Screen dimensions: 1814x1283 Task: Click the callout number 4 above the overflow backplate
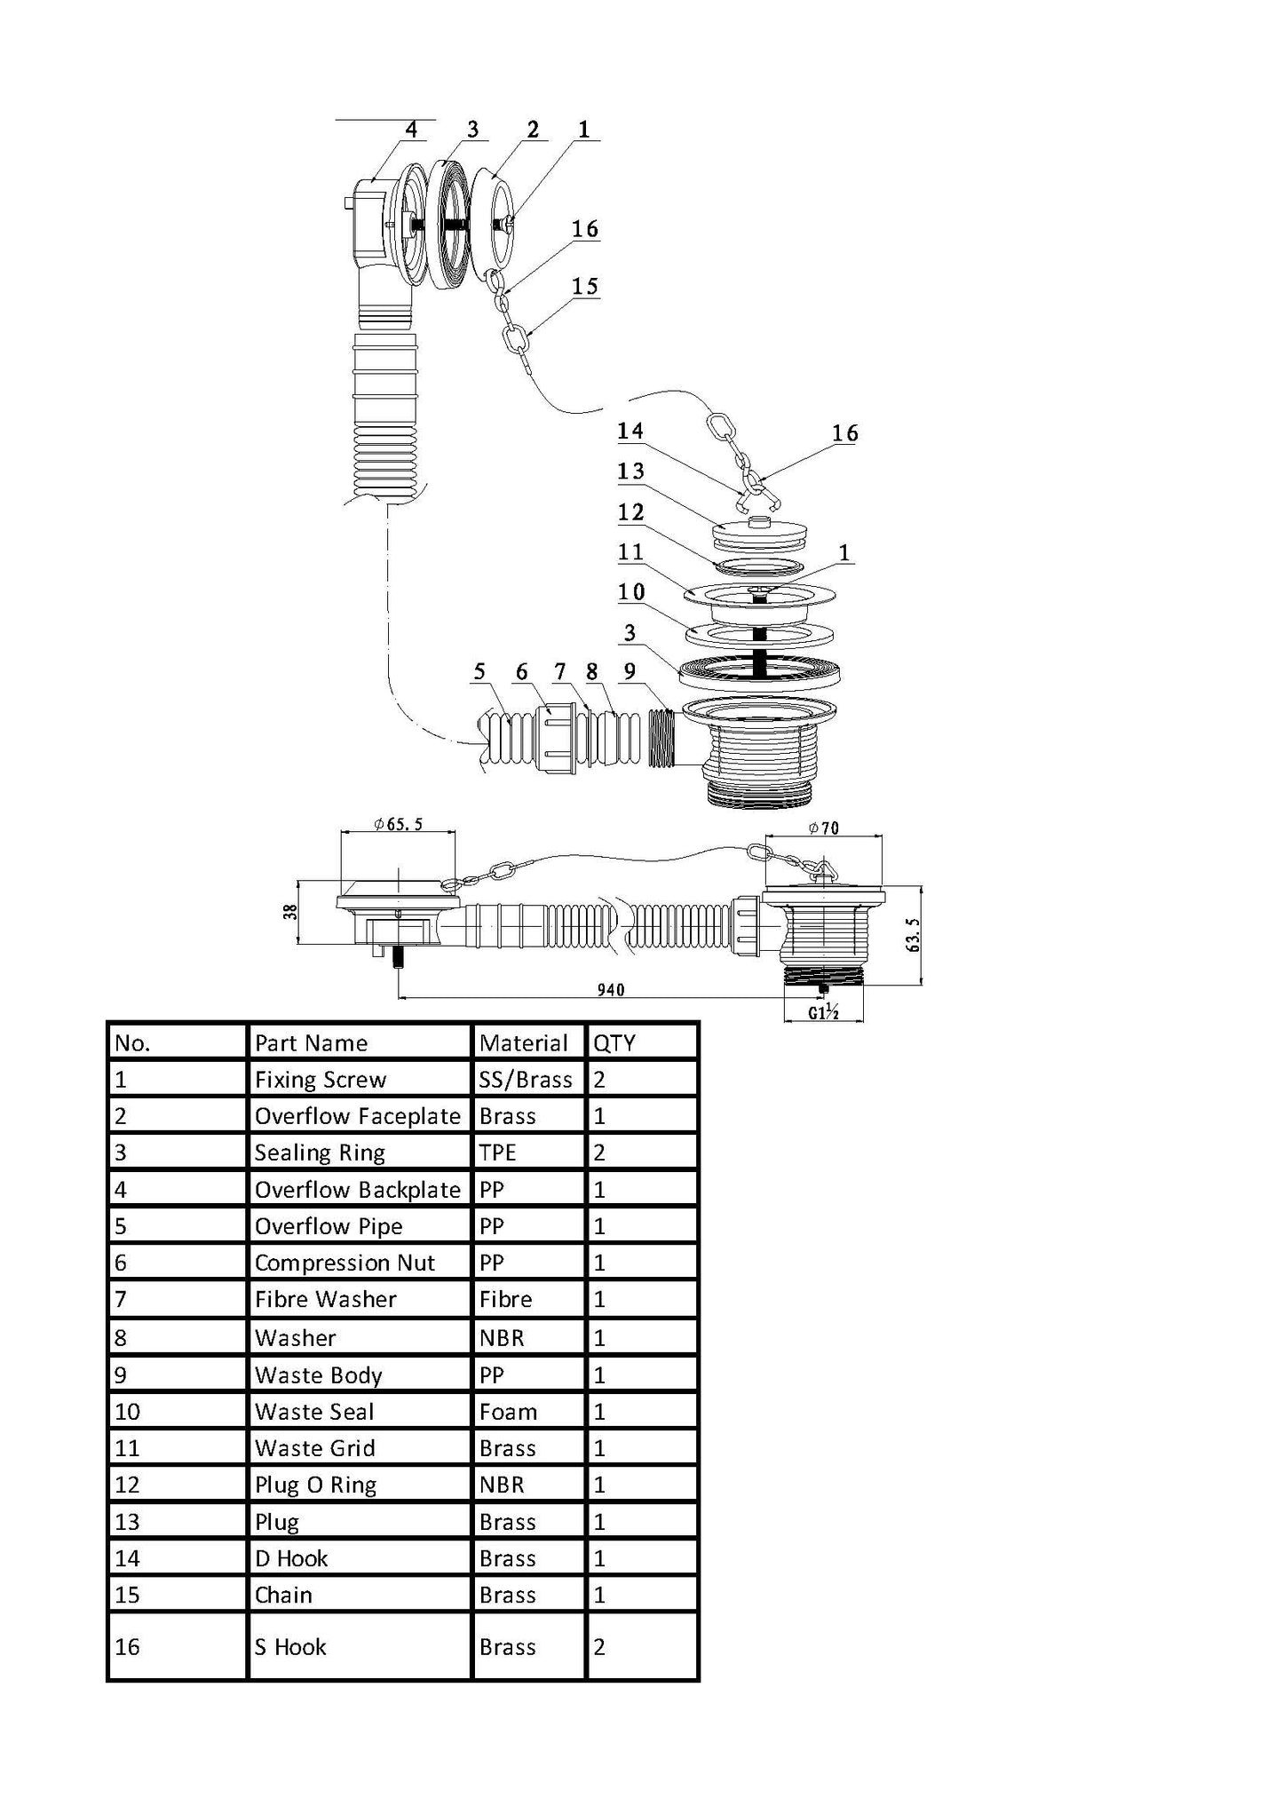click(x=410, y=130)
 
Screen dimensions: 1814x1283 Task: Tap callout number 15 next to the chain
click(x=584, y=287)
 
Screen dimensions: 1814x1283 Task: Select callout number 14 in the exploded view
click(x=630, y=432)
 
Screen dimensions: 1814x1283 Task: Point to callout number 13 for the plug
click(x=630, y=471)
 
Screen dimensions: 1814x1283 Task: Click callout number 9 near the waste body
click(x=630, y=671)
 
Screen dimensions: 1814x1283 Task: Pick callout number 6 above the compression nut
click(x=522, y=672)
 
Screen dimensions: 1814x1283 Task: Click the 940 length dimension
click(x=611, y=989)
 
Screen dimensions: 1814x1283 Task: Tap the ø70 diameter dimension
click(x=823, y=828)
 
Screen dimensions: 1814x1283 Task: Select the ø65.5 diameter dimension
click(x=399, y=825)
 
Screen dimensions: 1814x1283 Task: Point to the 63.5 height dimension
click(x=912, y=935)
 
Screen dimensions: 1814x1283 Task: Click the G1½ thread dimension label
click(x=824, y=1012)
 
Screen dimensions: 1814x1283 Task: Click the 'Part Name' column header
click(x=311, y=1042)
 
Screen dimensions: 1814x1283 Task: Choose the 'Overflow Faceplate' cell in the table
click(x=357, y=1116)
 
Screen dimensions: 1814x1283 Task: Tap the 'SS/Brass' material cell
click(x=526, y=1080)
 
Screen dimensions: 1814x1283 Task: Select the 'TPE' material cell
click(x=498, y=1153)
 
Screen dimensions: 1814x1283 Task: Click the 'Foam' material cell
click(x=508, y=1412)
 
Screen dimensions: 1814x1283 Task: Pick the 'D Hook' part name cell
click(x=291, y=1558)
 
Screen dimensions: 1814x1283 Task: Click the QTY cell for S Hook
click(x=599, y=1647)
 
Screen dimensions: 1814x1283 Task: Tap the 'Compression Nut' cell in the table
click(x=345, y=1263)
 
